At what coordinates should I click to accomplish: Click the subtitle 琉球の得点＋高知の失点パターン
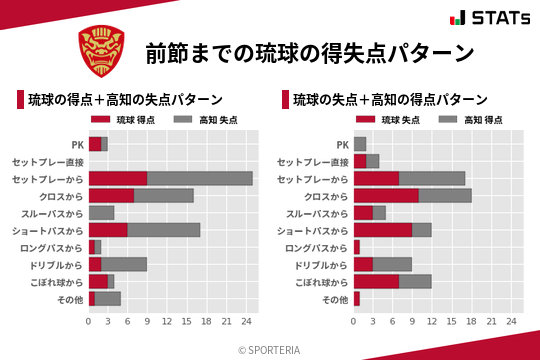[125, 100]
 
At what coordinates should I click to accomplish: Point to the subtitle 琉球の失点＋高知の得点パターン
[390, 100]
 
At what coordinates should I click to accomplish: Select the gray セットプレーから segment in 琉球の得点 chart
[200, 178]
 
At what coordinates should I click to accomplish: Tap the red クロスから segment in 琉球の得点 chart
[111, 195]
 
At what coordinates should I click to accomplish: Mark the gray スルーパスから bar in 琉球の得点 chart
[101, 212]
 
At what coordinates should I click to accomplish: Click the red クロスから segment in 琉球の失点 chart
[386, 195]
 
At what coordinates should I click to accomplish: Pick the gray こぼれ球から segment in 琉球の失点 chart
[416, 281]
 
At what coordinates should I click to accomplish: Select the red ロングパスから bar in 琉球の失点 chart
[357, 246]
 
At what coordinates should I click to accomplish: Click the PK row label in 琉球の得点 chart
[77, 144]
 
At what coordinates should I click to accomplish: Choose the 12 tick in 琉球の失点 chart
[432, 321]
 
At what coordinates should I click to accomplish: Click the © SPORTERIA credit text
[270, 349]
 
